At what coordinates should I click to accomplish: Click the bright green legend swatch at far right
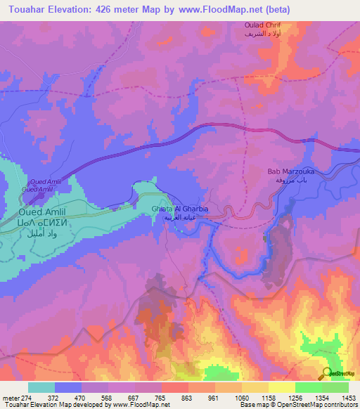point(335,387)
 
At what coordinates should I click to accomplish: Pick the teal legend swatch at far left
point(41,387)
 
